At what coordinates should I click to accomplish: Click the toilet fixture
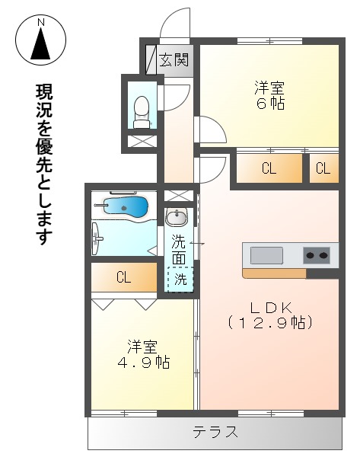[142, 111]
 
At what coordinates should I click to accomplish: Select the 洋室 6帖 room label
[269, 95]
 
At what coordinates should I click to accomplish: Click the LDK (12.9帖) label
[270, 315]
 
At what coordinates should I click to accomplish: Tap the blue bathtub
[126, 206]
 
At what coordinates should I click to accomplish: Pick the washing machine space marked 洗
[180, 279]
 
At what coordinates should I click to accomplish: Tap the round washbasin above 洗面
[177, 218]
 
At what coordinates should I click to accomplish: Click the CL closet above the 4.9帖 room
[123, 278]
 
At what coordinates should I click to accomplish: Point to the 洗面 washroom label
[178, 251]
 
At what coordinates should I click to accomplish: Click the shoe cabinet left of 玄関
[150, 59]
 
